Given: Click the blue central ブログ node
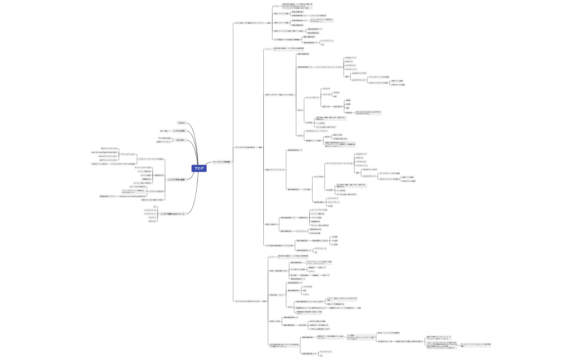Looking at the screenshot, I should pos(199,168).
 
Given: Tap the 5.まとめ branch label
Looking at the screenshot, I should pos(181,122).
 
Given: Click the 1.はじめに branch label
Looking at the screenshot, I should pos(181,140).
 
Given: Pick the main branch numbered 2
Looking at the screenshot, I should pos(176,179).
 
